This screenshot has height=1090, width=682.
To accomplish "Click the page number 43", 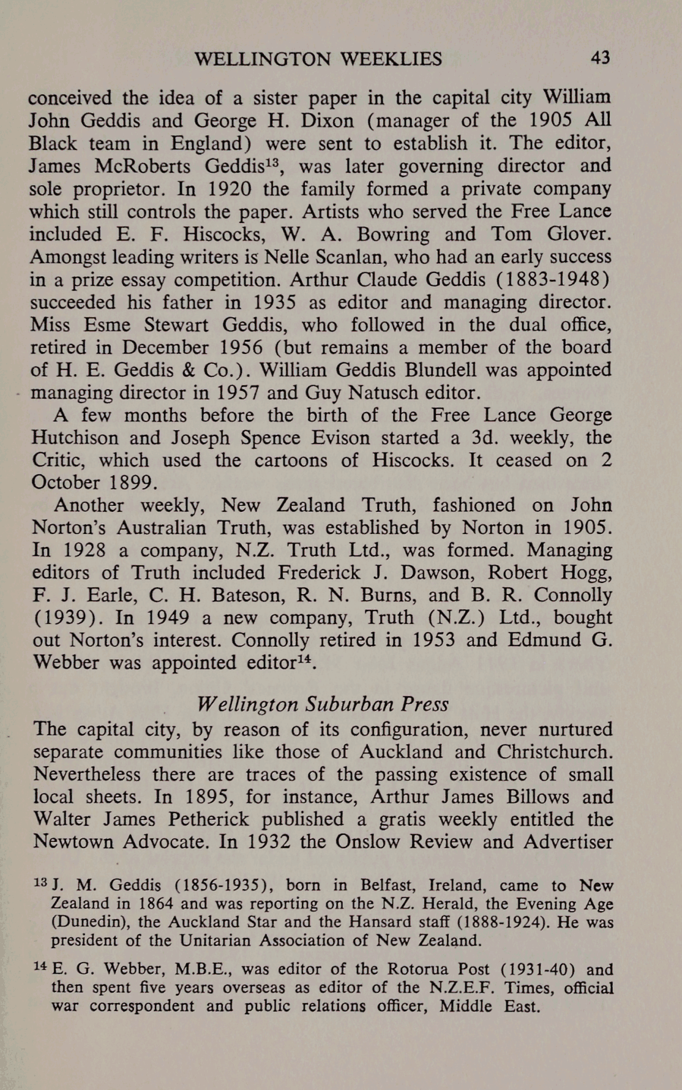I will (600, 58).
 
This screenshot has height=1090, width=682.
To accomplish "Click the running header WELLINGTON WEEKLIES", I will (318, 59).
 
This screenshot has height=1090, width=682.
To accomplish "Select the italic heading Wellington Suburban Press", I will (323, 704).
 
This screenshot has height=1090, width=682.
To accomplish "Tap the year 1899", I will (133, 483).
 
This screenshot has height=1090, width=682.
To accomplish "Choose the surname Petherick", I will (209, 819).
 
